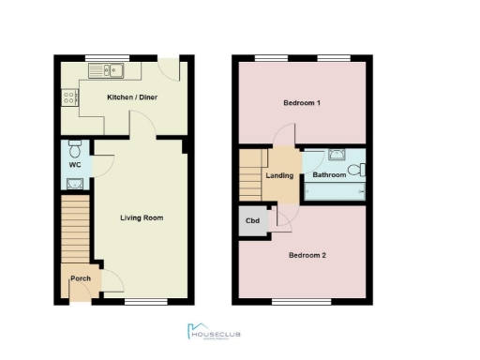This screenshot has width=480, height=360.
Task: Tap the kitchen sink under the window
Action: click(x=111, y=71)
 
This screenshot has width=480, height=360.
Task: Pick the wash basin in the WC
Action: click(x=74, y=184)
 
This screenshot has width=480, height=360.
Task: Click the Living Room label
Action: click(x=142, y=217)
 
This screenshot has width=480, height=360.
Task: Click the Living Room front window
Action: click(x=142, y=301)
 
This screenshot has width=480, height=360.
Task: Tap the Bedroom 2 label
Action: click(x=307, y=255)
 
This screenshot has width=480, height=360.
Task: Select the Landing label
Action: click(x=279, y=175)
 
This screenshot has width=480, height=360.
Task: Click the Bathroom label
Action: click(x=329, y=175)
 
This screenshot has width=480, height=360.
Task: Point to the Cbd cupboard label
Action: click(x=252, y=221)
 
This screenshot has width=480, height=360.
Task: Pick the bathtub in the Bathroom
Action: click(x=335, y=190)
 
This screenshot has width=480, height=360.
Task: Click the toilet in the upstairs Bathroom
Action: click(x=361, y=170)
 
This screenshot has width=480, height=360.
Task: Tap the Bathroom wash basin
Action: click(x=336, y=157)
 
